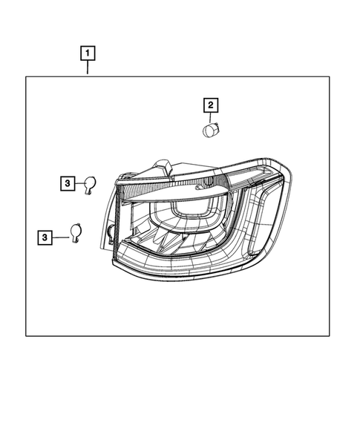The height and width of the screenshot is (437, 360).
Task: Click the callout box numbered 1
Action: coord(88,53)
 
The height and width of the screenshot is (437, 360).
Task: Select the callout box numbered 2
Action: coord(211,105)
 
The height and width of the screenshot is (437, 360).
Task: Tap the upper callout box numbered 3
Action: coord(67,183)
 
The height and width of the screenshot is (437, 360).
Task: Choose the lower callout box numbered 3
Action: coord(46,237)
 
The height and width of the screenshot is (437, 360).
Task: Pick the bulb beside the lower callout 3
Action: coord(76,233)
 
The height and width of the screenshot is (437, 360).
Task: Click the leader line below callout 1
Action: coord(88,68)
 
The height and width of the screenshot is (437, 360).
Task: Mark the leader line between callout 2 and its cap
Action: coord(211,117)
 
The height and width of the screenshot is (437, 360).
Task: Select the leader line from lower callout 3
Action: coord(59,237)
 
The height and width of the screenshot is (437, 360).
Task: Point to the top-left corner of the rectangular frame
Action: coord(27,76)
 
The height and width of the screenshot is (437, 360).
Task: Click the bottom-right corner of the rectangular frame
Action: coord(328,336)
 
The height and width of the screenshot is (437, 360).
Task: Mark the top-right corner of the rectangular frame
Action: coord(328,76)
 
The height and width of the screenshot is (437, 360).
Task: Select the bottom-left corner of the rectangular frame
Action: coord(27,336)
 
